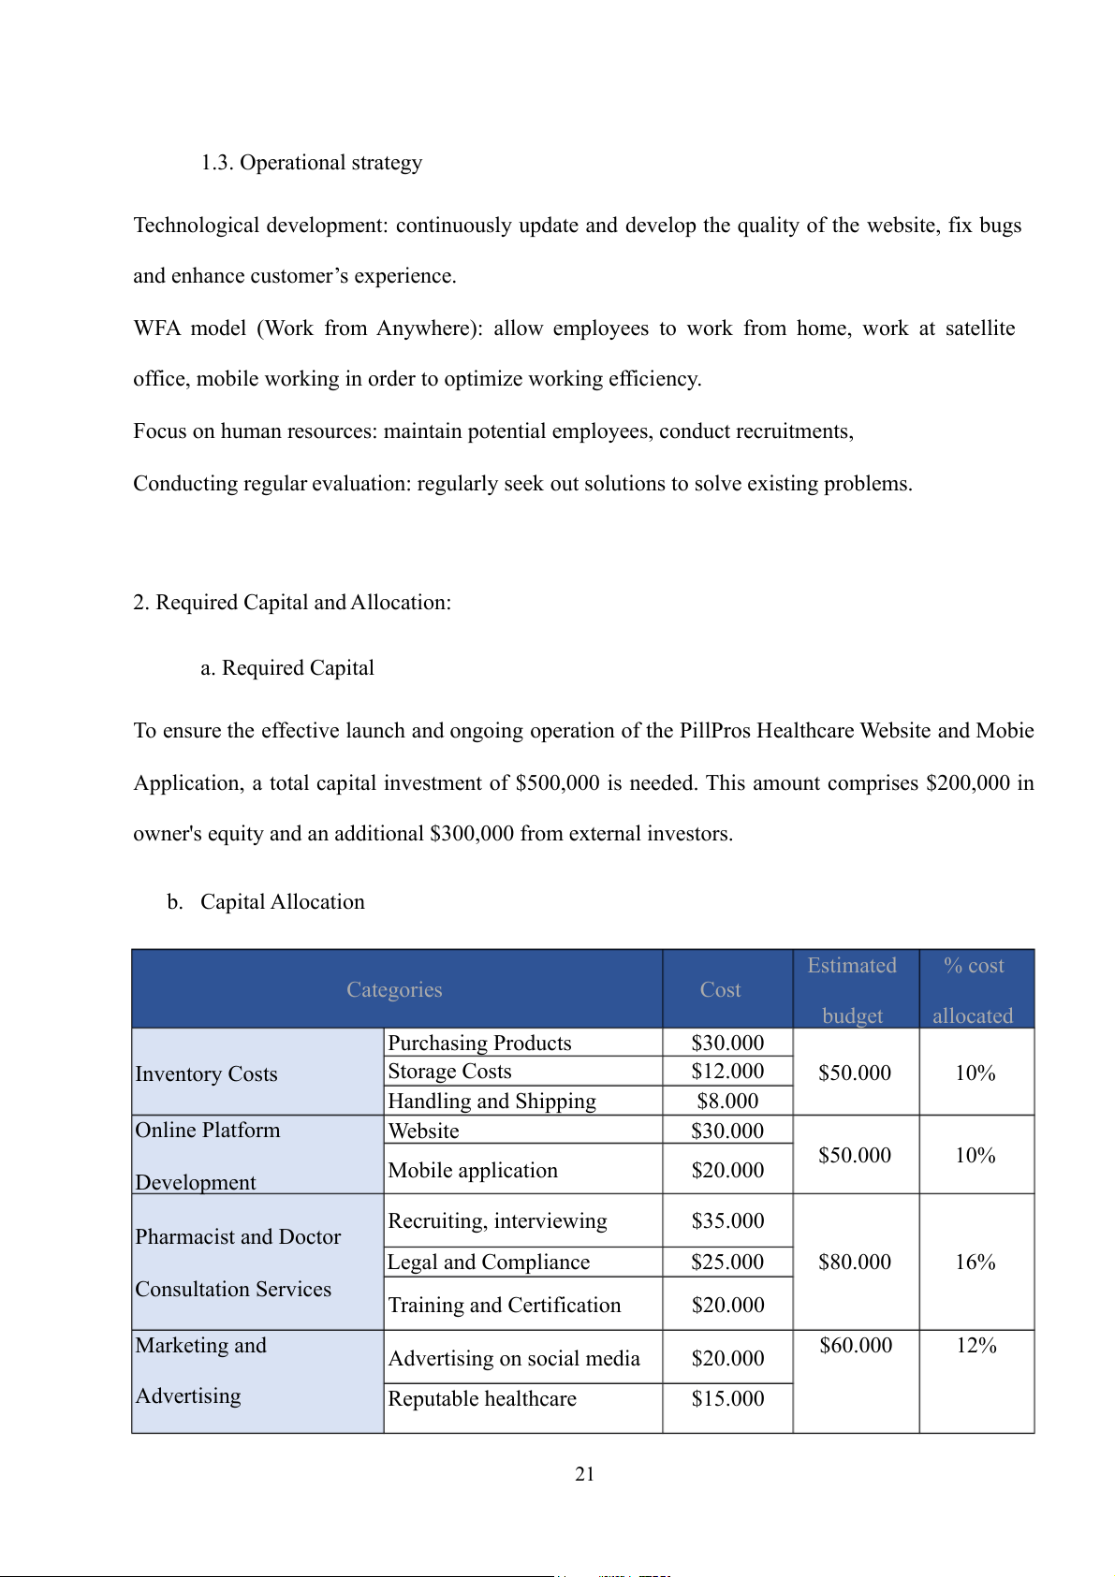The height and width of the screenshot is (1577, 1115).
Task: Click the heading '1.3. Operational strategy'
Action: (x=312, y=163)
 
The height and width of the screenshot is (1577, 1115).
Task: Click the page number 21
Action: (x=584, y=1474)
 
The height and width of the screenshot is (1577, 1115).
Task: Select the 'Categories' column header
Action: (x=394, y=990)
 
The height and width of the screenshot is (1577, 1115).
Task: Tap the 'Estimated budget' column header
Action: (x=852, y=990)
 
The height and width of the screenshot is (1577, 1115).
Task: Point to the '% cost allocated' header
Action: (x=974, y=990)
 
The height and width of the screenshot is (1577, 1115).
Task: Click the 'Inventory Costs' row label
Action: (x=207, y=1073)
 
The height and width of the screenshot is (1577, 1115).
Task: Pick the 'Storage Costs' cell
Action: (x=449, y=1072)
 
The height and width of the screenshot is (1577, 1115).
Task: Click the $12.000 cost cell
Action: (x=727, y=1072)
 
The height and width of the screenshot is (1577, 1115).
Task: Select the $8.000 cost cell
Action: (x=727, y=1102)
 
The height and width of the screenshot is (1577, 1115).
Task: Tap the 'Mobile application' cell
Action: (x=473, y=1171)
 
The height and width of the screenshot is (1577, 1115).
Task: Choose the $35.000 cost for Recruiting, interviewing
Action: (x=727, y=1221)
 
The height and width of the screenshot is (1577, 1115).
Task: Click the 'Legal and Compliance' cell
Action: (x=489, y=1263)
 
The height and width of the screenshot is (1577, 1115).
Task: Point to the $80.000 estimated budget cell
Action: (x=855, y=1263)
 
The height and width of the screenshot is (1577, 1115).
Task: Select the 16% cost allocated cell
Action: (x=975, y=1263)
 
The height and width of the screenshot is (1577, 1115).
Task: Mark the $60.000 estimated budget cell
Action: (x=856, y=1346)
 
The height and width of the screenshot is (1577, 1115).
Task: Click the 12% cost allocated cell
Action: (x=976, y=1346)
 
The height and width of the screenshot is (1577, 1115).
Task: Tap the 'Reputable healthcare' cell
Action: (x=482, y=1399)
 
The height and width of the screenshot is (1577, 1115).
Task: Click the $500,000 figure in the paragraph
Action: (x=557, y=783)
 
